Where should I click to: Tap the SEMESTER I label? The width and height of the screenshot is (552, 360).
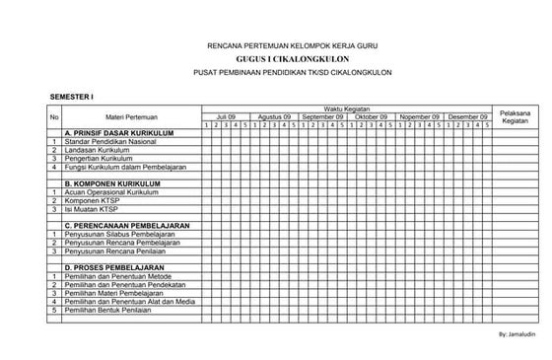coord(72,97)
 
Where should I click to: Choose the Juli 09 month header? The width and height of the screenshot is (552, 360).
coord(227,116)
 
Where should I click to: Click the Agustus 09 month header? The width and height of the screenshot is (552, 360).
coord(274,116)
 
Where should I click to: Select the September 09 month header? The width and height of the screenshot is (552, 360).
coord(322,116)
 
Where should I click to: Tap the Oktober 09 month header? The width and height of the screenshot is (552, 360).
coord(371,116)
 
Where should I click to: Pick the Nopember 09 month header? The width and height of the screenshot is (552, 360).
coord(419,116)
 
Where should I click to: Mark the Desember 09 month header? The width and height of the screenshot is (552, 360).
coord(467,116)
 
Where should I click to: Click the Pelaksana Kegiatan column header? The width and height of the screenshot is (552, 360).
coord(516,116)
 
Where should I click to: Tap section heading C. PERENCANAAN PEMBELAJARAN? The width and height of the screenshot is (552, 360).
coord(127,226)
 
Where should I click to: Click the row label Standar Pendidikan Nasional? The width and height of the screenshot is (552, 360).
coord(107,142)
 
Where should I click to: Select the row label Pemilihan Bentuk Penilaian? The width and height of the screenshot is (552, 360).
coord(111,309)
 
